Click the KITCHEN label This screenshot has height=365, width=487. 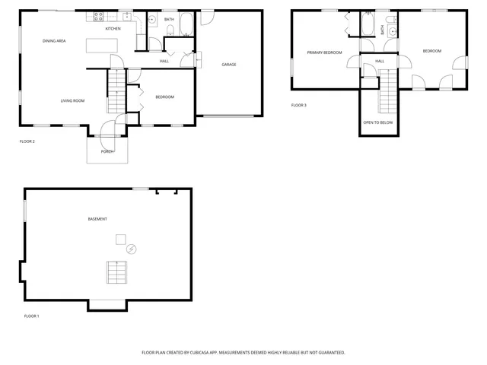coord(113,28)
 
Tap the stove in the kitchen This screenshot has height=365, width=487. coord(99,17)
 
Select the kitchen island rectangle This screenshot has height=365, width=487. coord(100,46)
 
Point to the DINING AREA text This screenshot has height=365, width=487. coord(54,40)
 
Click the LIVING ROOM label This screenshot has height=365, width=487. coord(72,100)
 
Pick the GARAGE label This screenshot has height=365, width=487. coord(228,64)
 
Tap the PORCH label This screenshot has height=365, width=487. coord(107,151)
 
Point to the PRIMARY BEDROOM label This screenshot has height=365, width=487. coord(324,52)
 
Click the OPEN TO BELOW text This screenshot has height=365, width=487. coord(378,122)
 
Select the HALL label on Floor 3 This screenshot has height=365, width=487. coord(380,61)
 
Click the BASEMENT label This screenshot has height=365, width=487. coord(97,219)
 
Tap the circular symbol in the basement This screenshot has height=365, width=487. coord(131,249)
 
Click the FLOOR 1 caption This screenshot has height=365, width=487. coord(31,316)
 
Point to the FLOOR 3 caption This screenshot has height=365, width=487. coord(299,105)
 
